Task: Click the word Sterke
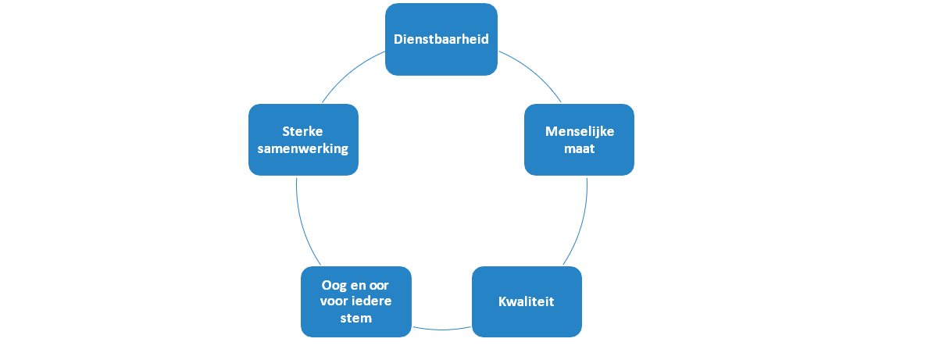tap(303, 131)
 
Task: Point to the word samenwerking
tap(303, 148)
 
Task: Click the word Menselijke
tap(580, 131)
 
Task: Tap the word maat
tap(579, 148)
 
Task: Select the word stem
tap(356, 318)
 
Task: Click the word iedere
tap(373, 301)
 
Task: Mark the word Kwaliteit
tap(527, 301)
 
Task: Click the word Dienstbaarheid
tap(441, 39)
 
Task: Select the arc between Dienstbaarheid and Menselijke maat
tap(534, 73)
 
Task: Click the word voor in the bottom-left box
tap(337, 301)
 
